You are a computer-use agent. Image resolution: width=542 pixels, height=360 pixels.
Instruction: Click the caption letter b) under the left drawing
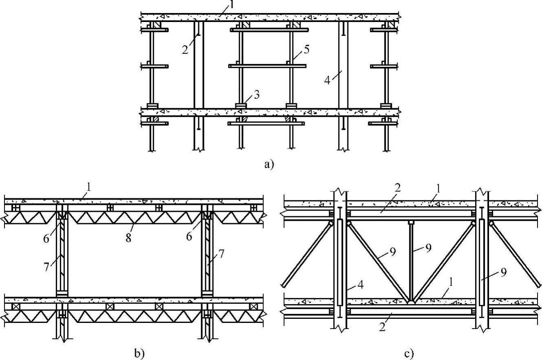(x=139, y=353)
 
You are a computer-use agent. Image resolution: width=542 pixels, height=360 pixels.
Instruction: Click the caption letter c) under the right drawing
(x=408, y=353)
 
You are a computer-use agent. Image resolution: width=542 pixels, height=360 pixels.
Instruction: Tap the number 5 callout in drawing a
(x=306, y=49)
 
